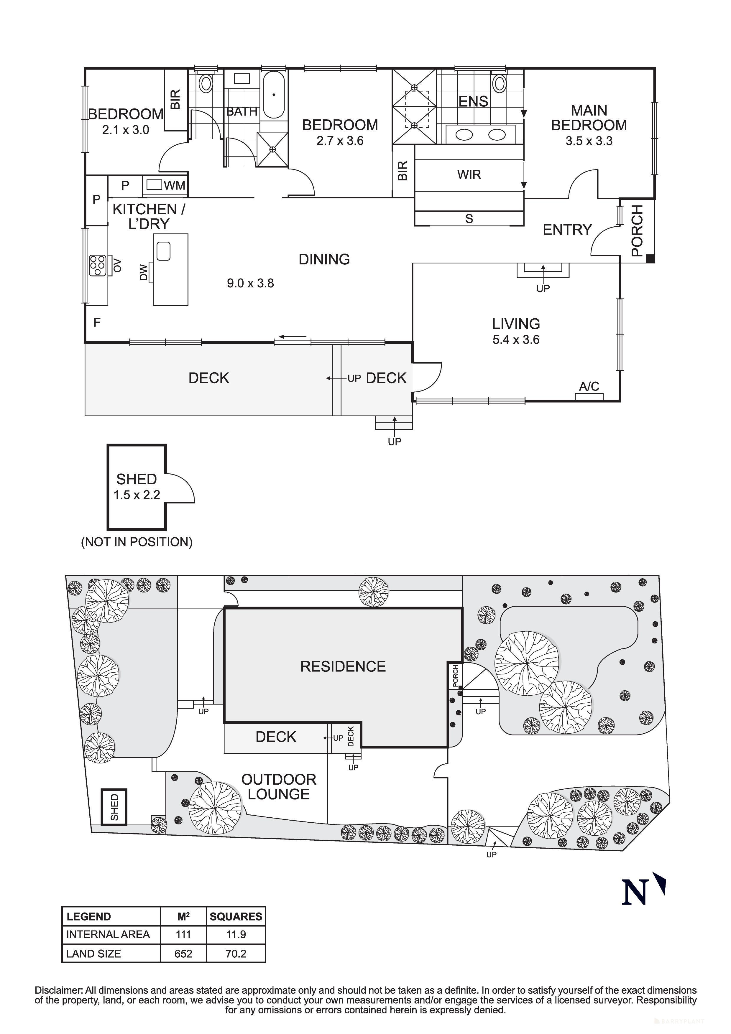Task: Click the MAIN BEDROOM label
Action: coord(589,118)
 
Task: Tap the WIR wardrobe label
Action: coord(469,175)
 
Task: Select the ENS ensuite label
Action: coord(473,101)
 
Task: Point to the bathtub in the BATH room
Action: coord(273,95)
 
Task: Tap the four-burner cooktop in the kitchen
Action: coord(97,265)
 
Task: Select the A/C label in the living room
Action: coord(589,386)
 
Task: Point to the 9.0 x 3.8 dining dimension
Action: coord(250,283)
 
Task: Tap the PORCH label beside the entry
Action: coord(637,230)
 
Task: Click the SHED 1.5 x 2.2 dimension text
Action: coord(137,495)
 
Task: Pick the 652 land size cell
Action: coord(183,954)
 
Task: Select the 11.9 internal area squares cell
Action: coord(236,934)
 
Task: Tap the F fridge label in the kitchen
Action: coord(97,322)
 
